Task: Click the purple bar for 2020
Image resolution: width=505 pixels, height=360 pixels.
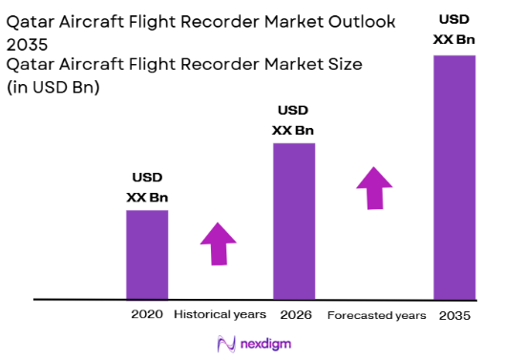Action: click(x=147, y=253)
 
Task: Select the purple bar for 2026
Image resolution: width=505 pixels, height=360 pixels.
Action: click(x=294, y=221)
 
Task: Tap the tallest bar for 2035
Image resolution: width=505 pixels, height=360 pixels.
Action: click(x=453, y=177)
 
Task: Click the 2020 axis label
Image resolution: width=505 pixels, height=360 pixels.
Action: click(x=147, y=314)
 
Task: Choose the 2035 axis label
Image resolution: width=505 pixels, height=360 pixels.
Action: click(x=454, y=315)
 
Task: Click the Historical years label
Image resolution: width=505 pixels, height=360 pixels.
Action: click(x=221, y=314)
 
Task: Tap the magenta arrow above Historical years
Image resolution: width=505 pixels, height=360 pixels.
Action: click(x=219, y=244)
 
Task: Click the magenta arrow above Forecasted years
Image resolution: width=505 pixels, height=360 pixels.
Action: click(x=374, y=187)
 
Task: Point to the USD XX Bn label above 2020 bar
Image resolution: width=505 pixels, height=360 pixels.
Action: click(x=147, y=188)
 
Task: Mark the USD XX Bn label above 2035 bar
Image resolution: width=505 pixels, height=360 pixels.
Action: click(x=453, y=28)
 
